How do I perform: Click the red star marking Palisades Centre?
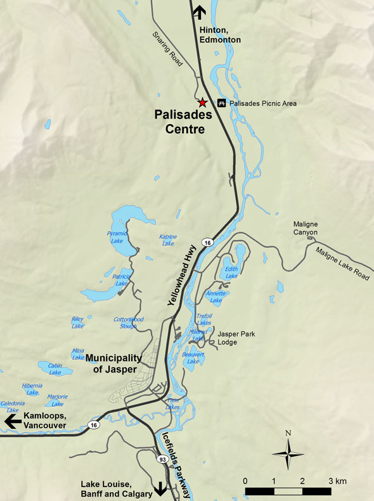[202, 102]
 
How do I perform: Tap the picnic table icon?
[222, 103]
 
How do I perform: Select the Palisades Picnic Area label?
[263, 103]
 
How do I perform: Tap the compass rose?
[288, 452]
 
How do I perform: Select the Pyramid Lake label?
[117, 237]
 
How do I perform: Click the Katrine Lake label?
[168, 239]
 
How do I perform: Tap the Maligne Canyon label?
[309, 227]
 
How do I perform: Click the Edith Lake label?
[231, 272]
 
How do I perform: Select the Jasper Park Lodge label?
[236, 338]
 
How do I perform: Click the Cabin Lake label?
[55, 369]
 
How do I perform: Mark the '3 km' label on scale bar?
[338, 481]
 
